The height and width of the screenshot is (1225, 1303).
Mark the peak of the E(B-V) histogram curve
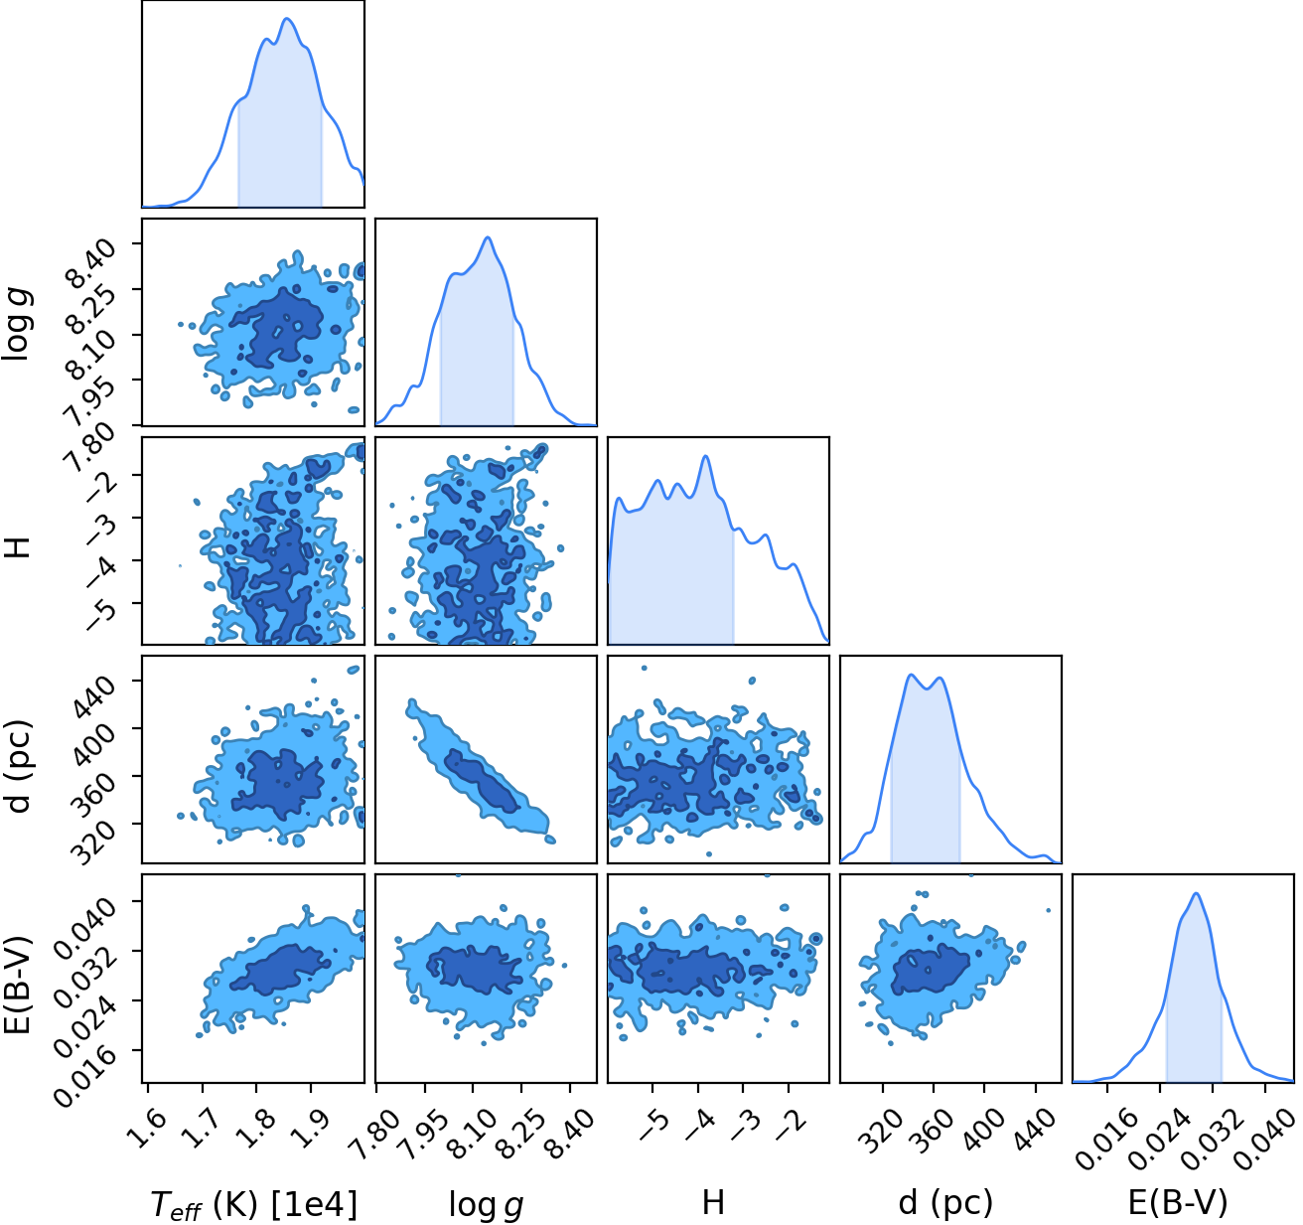[x=1196, y=893]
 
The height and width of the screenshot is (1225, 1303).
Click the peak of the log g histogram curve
[x=488, y=237]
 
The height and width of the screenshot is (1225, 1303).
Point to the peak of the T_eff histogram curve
[x=287, y=19]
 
